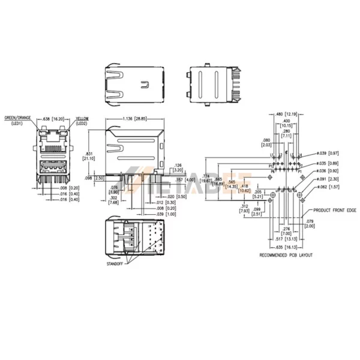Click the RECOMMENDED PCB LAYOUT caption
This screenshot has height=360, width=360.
(x=285, y=255)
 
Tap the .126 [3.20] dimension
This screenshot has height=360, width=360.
(x=177, y=167)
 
